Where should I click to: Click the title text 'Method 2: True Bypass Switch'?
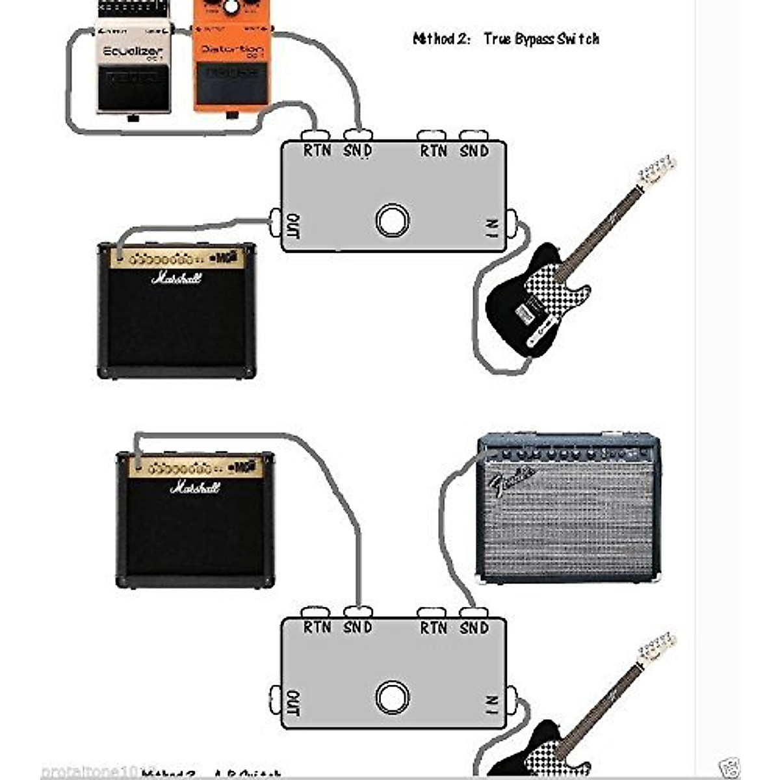(x=506, y=39)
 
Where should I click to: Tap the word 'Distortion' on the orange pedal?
(x=232, y=49)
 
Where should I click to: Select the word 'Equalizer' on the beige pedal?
(x=133, y=51)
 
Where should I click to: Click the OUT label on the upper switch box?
(x=293, y=226)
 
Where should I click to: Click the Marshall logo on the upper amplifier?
(x=177, y=278)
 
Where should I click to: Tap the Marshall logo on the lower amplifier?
(x=195, y=487)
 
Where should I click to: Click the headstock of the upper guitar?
(x=657, y=170)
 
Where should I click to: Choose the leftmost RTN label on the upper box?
(x=317, y=151)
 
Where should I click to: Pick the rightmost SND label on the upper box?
(x=474, y=151)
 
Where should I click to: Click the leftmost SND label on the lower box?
(x=357, y=627)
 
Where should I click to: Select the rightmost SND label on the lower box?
(x=474, y=627)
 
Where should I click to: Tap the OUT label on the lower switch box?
(x=293, y=703)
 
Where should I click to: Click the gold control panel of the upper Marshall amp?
(x=177, y=259)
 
